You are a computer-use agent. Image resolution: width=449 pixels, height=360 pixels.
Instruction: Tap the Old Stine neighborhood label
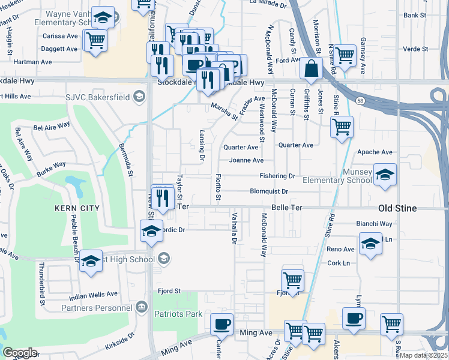tap(402, 208)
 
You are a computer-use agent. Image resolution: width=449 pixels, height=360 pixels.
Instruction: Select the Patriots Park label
tap(178, 314)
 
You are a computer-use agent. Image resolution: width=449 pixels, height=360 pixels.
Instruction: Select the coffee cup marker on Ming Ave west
tap(221, 323)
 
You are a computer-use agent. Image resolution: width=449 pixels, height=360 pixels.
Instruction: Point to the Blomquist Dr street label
tap(269, 192)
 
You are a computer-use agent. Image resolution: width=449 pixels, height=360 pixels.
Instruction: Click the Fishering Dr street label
tap(277, 176)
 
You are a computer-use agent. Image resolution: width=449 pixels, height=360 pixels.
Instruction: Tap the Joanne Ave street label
tap(246, 161)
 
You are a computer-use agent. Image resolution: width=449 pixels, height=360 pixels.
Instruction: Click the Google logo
tap(20, 353)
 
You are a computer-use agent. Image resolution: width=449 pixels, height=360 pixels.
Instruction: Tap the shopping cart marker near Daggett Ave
tap(96, 41)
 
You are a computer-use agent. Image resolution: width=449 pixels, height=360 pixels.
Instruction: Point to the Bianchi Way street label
tap(374, 224)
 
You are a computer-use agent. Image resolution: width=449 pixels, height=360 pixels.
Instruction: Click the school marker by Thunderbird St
tap(91, 261)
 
